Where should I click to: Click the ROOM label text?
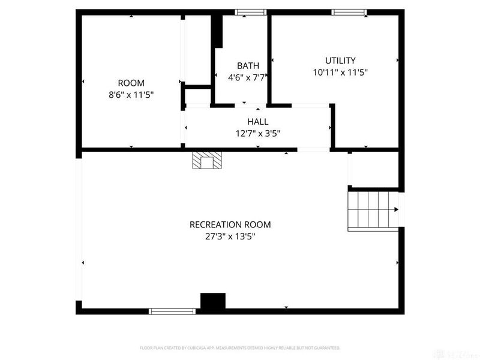[x=131, y=83]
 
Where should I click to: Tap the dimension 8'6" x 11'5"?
[x=131, y=94]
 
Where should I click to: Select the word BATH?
[x=248, y=65]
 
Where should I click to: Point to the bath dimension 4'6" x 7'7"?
[x=247, y=77]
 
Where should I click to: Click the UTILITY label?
[x=340, y=61]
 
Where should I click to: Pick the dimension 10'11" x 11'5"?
[x=340, y=72]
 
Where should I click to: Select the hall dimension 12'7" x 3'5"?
[x=257, y=133]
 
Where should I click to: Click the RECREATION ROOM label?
[x=230, y=224]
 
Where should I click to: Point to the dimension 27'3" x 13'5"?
[x=230, y=236]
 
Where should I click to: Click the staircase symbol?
[x=372, y=209]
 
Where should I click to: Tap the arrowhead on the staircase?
[x=396, y=209]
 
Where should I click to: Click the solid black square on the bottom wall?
[x=212, y=302]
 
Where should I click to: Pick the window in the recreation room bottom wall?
[x=172, y=311]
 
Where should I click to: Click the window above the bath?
[x=250, y=11]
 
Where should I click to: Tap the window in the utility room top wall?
[x=349, y=11]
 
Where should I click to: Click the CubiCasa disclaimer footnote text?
[x=240, y=347]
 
